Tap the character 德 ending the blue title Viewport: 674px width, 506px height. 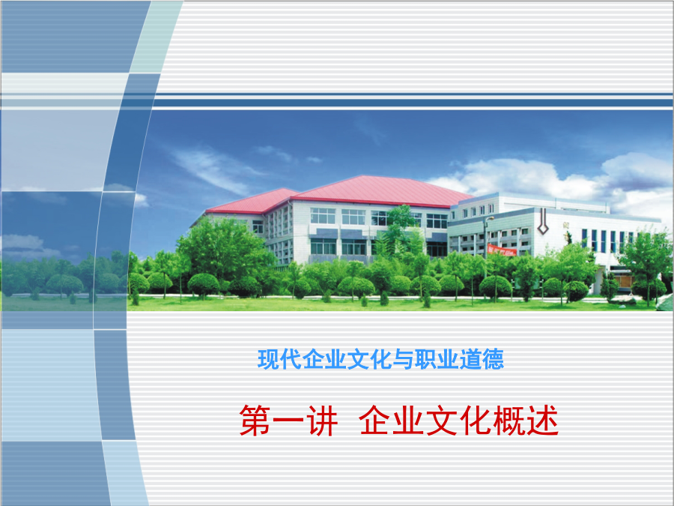[493, 359]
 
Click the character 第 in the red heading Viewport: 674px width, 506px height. [255, 421]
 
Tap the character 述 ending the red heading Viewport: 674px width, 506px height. [542, 421]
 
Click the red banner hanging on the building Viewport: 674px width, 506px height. [502, 250]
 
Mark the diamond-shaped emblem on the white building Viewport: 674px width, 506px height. [542, 222]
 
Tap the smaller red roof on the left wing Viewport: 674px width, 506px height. [252, 201]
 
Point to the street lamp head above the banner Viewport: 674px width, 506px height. [490, 218]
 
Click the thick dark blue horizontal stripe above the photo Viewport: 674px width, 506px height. [413, 103]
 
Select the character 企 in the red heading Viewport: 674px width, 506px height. [375, 421]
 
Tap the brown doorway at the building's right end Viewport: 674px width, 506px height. [622, 281]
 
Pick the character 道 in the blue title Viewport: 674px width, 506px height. [470, 359]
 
